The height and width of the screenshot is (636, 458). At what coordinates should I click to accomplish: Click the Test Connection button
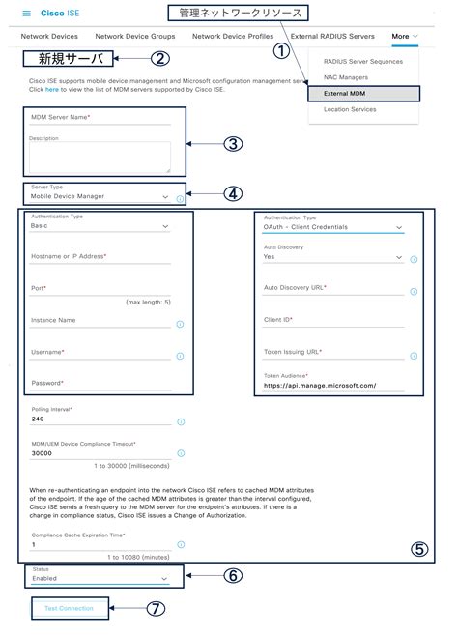[69, 608]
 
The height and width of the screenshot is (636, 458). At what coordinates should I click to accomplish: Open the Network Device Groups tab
[129, 36]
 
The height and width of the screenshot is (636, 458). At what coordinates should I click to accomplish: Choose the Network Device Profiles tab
[233, 36]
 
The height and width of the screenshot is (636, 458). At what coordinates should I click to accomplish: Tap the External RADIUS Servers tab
[331, 36]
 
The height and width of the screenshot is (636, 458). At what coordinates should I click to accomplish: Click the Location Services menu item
[350, 110]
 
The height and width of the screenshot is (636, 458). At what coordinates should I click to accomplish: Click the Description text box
[100, 158]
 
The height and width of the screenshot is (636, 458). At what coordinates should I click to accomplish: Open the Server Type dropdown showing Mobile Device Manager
[100, 196]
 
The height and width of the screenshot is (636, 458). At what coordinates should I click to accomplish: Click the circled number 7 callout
[156, 609]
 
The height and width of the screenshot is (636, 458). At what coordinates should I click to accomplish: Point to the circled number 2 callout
[160, 58]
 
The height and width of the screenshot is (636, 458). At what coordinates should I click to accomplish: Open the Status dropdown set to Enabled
[100, 578]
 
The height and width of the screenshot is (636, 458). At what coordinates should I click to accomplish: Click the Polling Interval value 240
[39, 419]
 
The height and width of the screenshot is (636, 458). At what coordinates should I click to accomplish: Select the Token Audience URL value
[319, 385]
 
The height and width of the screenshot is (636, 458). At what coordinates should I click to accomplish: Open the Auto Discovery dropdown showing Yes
[332, 258]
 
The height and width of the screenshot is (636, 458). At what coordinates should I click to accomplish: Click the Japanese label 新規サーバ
[66, 59]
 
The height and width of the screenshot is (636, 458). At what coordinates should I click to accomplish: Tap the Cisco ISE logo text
[57, 14]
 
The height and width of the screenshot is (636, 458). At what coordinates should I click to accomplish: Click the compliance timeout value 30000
[43, 452]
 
